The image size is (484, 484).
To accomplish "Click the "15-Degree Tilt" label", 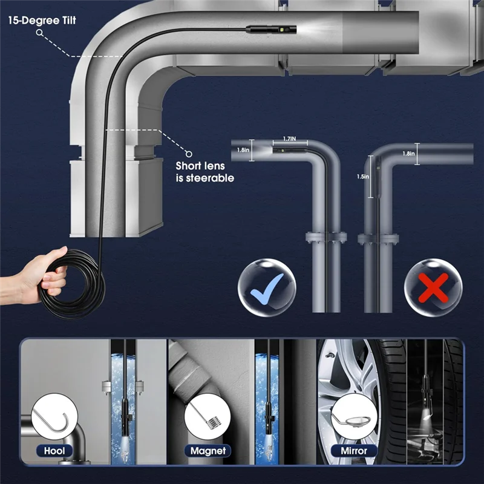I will tap(42, 20).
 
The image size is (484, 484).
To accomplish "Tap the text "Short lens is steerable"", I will tap(204, 172).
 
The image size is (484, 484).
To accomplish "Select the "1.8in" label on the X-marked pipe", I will tap(409, 154).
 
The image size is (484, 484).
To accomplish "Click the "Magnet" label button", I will tap(208, 451).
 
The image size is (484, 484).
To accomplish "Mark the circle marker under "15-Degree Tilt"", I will tap(40, 34).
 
